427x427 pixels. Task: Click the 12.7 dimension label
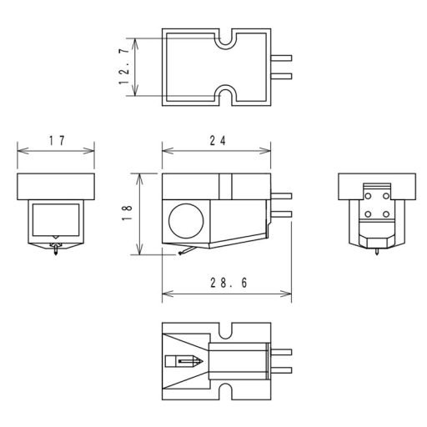point(124,67)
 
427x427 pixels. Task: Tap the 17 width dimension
point(57,141)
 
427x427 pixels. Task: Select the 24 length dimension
point(218,141)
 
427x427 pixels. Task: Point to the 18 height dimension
point(127,213)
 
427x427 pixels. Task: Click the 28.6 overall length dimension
point(229,283)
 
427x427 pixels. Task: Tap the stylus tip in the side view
point(180,254)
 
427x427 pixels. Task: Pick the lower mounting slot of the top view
point(225,95)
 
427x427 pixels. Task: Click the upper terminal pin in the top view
point(281,58)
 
